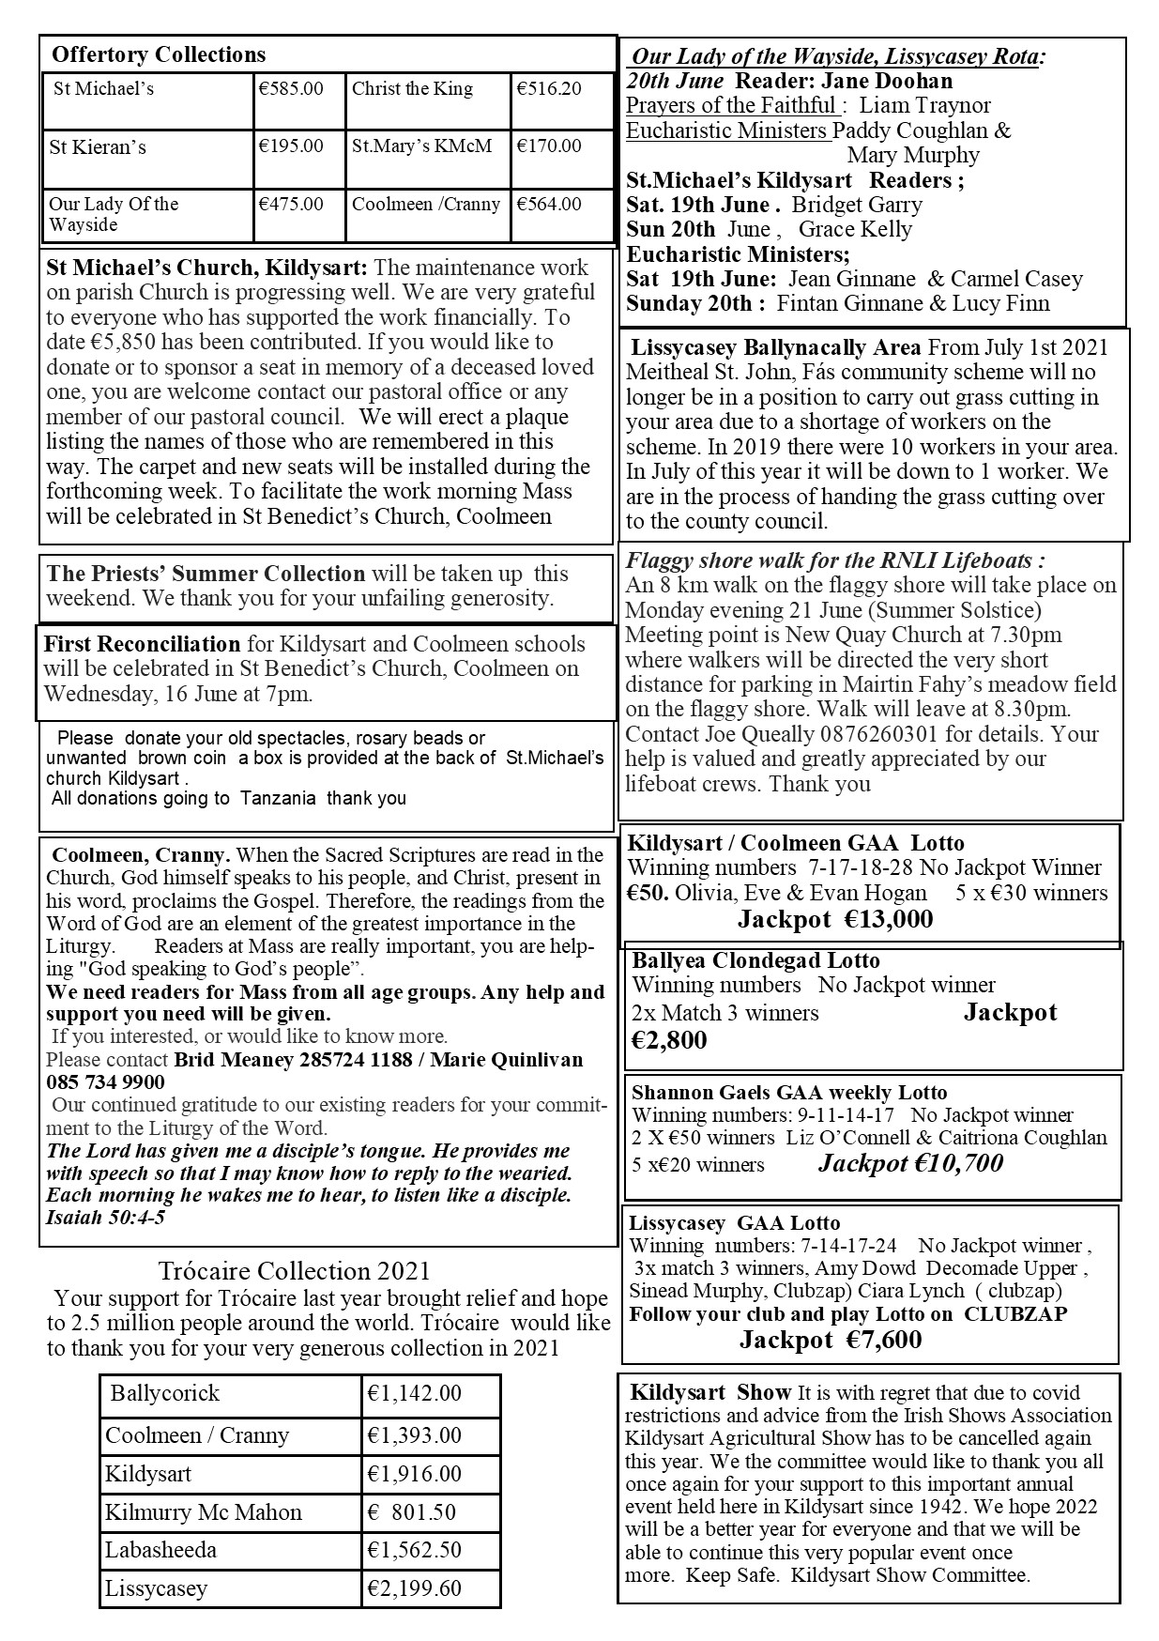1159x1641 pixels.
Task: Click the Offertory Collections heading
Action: [159, 54]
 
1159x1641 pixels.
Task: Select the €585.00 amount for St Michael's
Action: [291, 89]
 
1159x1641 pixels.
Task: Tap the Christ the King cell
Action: [412, 89]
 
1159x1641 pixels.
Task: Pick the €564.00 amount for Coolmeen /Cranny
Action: [549, 204]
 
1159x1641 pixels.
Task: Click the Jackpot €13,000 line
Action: [834, 919]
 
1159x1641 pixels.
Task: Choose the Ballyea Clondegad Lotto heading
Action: [755, 960]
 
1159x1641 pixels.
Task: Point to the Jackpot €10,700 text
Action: [910, 1164]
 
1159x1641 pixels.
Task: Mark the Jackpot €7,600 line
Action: [830, 1340]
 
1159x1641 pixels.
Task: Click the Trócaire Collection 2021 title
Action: [294, 1271]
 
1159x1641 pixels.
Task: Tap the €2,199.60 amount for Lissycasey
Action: [414, 1588]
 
